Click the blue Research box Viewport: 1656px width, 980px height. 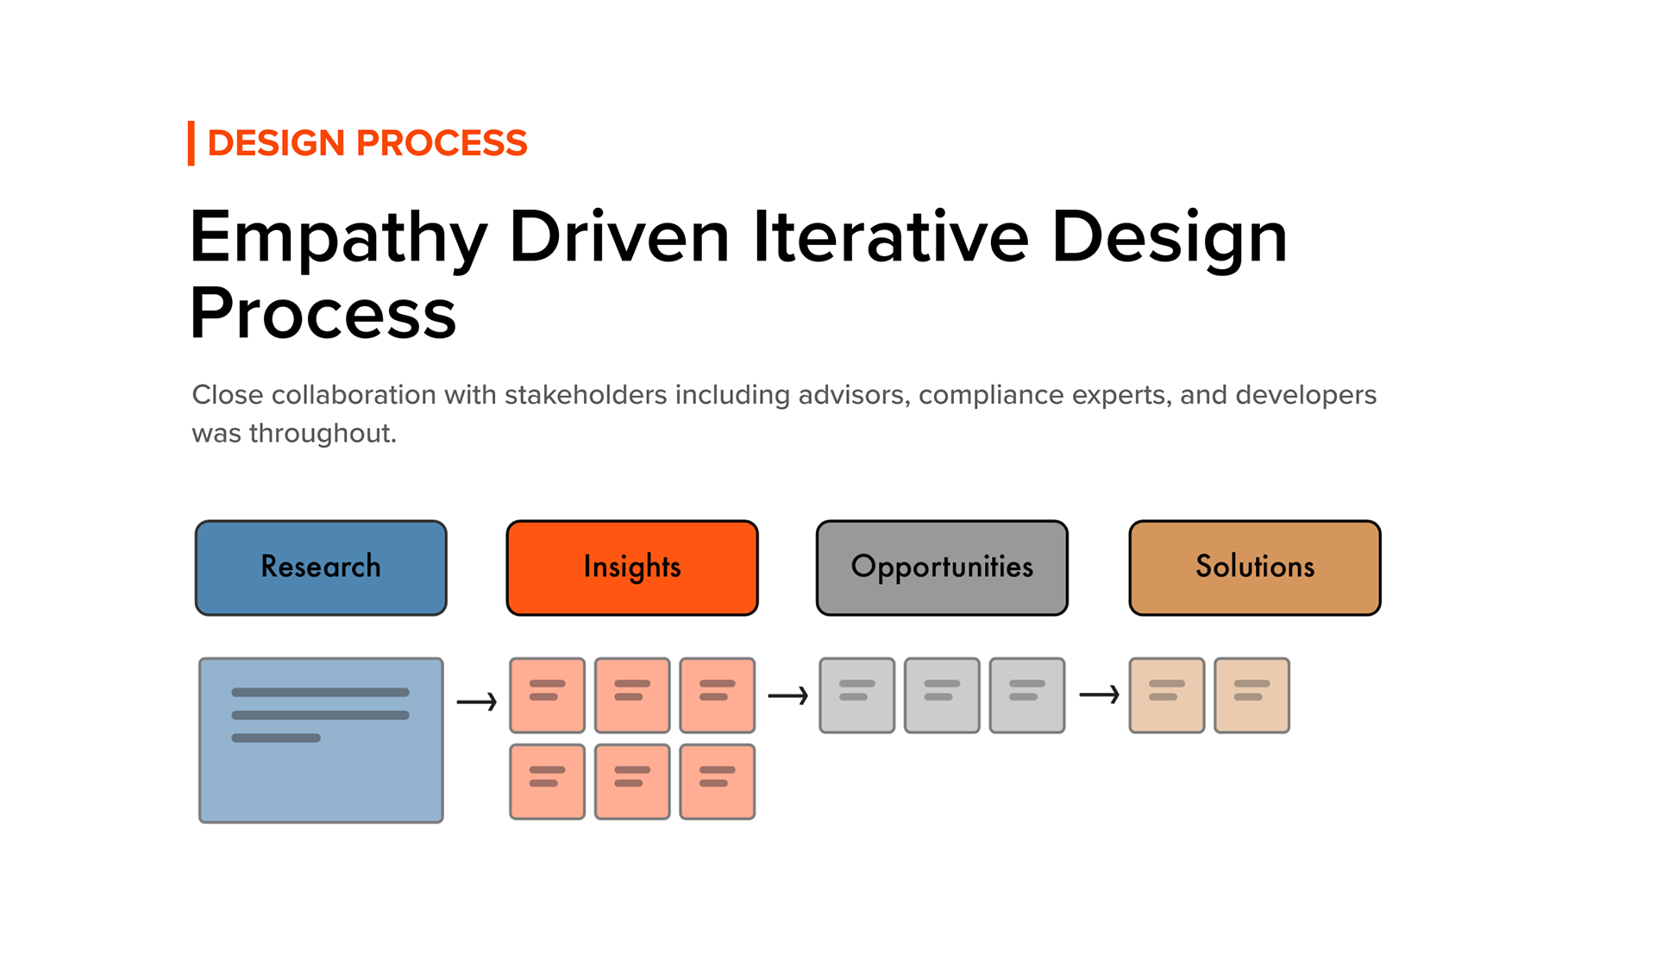pos(321,568)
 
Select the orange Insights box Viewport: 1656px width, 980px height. pos(632,568)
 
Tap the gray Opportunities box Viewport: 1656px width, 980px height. pos(942,568)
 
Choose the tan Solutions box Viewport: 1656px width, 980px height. pos(1255,568)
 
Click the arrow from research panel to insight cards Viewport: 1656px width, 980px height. pos(477,702)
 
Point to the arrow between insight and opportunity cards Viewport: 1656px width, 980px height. pos(787,695)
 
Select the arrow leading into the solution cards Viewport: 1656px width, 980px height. pos(1099,694)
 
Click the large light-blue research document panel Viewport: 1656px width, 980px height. pos(321,740)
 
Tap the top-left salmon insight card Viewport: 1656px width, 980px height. pos(547,695)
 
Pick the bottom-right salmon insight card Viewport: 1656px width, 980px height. pos(718,782)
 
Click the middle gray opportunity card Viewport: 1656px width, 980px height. pos(942,695)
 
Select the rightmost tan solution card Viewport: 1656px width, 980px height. pos(1252,695)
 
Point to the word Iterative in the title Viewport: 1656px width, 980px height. pos(891,236)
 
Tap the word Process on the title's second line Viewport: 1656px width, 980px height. pos(323,313)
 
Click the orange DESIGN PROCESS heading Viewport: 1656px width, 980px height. pos(367,143)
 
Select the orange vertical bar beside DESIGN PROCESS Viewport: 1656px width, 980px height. pos(191,143)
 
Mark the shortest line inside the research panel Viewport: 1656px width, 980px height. pos(276,738)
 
